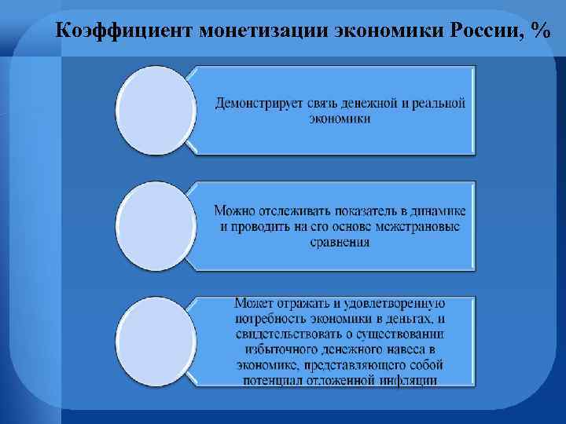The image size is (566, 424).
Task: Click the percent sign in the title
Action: tap(540, 31)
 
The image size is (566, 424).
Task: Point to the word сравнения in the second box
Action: tap(340, 243)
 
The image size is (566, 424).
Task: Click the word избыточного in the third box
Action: tap(280, 350)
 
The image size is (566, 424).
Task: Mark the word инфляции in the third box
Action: tap(406, 382)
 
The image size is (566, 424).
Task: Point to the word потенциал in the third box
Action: tap(266, 382)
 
